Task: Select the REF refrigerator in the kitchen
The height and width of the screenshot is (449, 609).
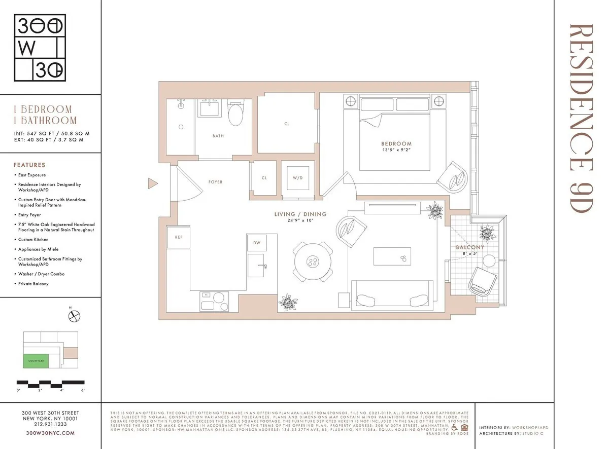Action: click(x=178, y=237)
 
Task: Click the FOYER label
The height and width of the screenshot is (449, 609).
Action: click(x=215, y=182)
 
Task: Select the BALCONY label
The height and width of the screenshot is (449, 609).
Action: click(x=469, y=247)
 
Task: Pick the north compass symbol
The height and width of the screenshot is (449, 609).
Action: click(x=75, y=317)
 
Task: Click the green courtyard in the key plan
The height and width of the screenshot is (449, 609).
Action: click(x=36, y=360)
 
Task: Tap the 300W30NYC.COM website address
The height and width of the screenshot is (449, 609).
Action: click(x=50, y=433)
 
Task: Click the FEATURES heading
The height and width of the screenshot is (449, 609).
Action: click(x=29, y=165)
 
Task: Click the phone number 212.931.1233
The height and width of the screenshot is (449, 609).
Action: click(x=50, y=425)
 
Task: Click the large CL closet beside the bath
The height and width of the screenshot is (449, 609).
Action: click(x=287, y=123)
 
